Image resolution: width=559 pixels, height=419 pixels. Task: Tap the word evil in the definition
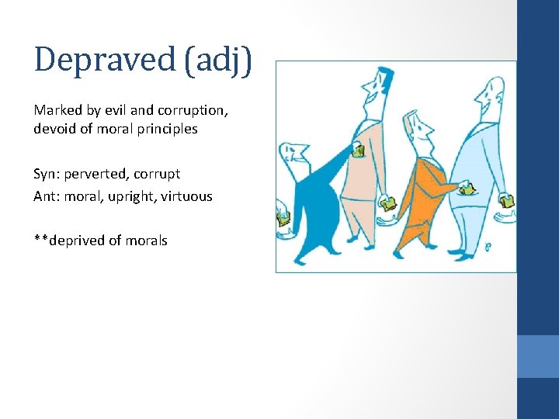pyautogui.click(x=119, y=110)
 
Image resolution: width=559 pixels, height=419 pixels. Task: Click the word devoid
pyautogui.click(x=54, y=129)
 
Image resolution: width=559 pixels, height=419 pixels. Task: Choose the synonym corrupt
pyautogui.click(x=157, y=174)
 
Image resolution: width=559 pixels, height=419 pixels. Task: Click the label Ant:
pyautogui.click(x=46, y=196)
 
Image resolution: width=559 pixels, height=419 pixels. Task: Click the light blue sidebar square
pyautogui.click(x=538, y=356)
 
